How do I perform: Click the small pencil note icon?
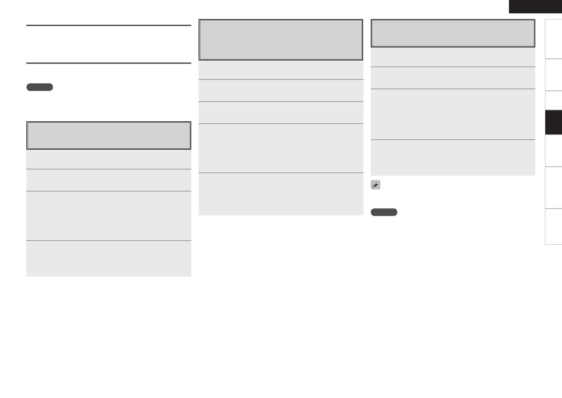pyautogui.click(x=375, y=185)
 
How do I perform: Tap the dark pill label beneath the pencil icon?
pyautogui.click(x=384, y=212)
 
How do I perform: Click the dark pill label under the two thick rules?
pyautogui.click(x=39, y=87)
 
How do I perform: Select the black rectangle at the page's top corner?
pyautogui.click(x=535, y=7)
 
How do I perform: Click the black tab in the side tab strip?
pyautogui.click(x=553, y=122)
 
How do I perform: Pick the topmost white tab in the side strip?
pyautogui.click(x=553, y=39)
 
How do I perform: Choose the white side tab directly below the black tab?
pyautogui.click(x=553, y=151)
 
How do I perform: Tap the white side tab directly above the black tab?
pyautogui.click(x=553, y=101)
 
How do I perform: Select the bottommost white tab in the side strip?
pyautogui.click(x=553, y=227)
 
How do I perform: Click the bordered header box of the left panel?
pyautogui.click(x=108, y=135)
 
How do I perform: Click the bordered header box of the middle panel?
pyautogui.click(x=281, y=40)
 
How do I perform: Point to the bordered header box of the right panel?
pyautogui.click(x=453, y=33)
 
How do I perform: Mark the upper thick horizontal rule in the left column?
pyautogui.click(x=108, y=25)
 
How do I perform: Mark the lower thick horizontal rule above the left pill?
pyautogui.click(x=108, y=63)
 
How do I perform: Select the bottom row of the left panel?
pyautogui.click(x=108, y=259)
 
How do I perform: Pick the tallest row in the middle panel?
pyautogui.click(x=281, y=148)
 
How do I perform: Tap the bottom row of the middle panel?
pyautogui.click(x=281, y=194)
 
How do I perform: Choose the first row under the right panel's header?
pyautogui.click(x=453, y=57)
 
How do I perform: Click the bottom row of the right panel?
pyautogui.click(x=453, y=158)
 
